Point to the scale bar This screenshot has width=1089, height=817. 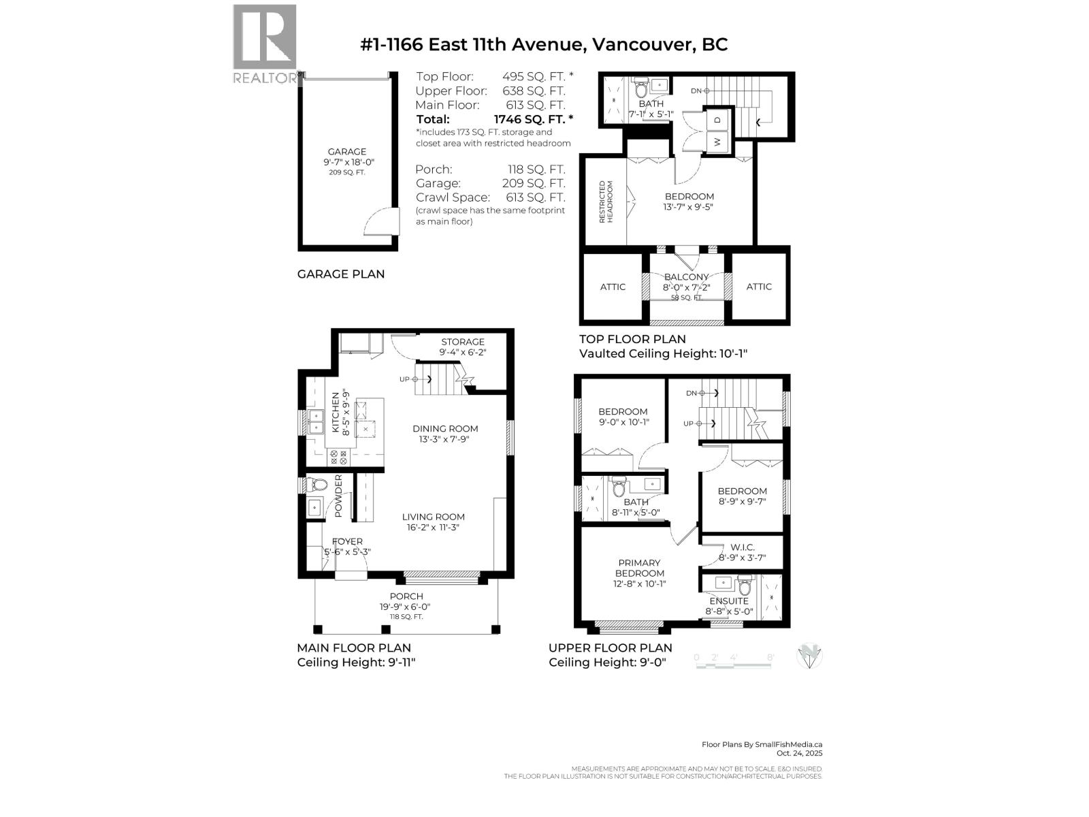[735, 660]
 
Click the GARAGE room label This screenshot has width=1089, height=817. [346, 152]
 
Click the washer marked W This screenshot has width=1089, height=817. [717, 142]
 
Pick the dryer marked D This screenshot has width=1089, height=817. [717, 120]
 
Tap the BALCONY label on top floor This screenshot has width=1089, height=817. [686, 277]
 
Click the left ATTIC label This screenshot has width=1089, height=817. [613, 287]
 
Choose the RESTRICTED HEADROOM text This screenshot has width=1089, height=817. [606, 202]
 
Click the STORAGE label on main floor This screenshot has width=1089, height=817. [463, 342]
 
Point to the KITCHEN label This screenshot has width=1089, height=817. [336, 412]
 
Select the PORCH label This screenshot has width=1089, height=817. [406, 596]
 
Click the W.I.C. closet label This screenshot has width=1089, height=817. [742, 547]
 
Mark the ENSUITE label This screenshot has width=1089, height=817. [729, 601]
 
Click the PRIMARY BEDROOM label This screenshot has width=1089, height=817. [639, 568]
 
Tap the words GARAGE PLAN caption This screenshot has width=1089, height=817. [341, 274]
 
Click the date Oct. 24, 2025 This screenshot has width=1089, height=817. [799, 753]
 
